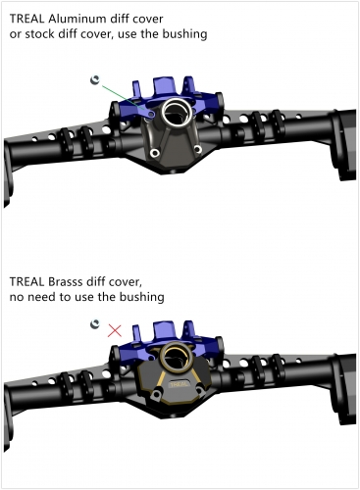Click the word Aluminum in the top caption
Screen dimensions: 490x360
[x=82, y=18]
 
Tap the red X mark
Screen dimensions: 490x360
[x=115, y=330]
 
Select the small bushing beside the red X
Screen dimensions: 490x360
[x=95, y=323]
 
